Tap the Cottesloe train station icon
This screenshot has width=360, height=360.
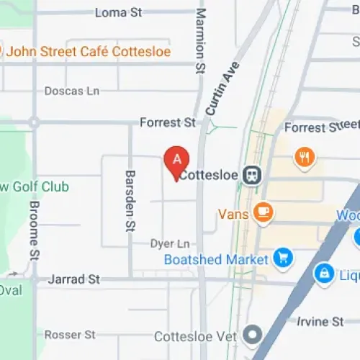coord(251,175)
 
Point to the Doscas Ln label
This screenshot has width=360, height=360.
coord(71,91)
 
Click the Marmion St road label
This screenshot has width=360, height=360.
coord(201,40)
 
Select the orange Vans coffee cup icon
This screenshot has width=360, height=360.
coord(263,212)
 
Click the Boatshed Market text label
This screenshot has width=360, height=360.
coord(216,259)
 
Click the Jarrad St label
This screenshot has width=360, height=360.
coord(73,279)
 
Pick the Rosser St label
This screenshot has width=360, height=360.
coord(70,335)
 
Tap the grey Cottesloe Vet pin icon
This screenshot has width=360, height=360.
coord(252,335)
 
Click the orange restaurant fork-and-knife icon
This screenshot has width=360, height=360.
coord(305,156)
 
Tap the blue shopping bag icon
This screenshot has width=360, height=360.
coord(325,273)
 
